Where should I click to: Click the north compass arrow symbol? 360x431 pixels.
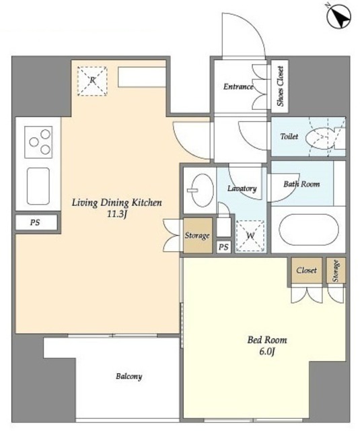pos(338,17)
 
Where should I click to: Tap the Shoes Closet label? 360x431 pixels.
pos(280,86)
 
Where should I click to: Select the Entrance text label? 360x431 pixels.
pos(238,87)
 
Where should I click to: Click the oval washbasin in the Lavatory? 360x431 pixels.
pos(203,190)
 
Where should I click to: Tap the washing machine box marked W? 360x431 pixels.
pos(250,236)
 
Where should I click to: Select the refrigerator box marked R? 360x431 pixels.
pos(92,81)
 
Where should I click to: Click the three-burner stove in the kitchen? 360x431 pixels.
pos(38,142)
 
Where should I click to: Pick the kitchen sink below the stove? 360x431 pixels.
pos(38,186)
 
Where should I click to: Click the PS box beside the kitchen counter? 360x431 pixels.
pos(36,222)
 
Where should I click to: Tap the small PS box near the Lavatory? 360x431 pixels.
pos(223,247)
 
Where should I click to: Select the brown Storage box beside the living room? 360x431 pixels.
pos(198,235)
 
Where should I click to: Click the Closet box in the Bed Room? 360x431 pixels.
pos(306,271)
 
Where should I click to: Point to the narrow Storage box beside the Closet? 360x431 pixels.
pos(336,271)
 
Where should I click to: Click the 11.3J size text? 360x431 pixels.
pos(116,214)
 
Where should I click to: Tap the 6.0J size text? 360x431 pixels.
pos(267,352)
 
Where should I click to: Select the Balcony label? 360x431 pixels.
pos(129,376)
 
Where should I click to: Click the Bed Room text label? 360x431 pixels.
pos(267,340)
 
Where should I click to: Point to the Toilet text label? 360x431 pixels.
pos(289,136)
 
